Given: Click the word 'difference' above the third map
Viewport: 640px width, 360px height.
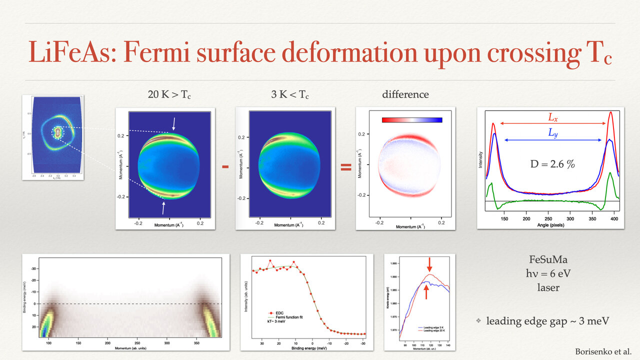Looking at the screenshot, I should pyautogui.click(x=405, y=94).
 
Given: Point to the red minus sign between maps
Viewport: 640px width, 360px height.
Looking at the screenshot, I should pyautogui.click(x=225, y=166).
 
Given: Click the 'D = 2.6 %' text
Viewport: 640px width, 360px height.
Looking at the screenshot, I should pyautogui.click(x=552, y=163).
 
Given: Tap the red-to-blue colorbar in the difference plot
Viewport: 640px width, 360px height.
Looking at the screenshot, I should pyautogui.click(x=411, y=120).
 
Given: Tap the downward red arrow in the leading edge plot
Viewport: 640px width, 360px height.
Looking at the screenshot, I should pyautogui.click(x=429, y=262).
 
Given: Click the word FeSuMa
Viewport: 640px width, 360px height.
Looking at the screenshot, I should pyautogui.click(x=548, y=260).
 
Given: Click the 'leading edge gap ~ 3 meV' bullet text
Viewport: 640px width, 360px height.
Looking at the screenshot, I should pyautogui.click(x=547, y=320).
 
